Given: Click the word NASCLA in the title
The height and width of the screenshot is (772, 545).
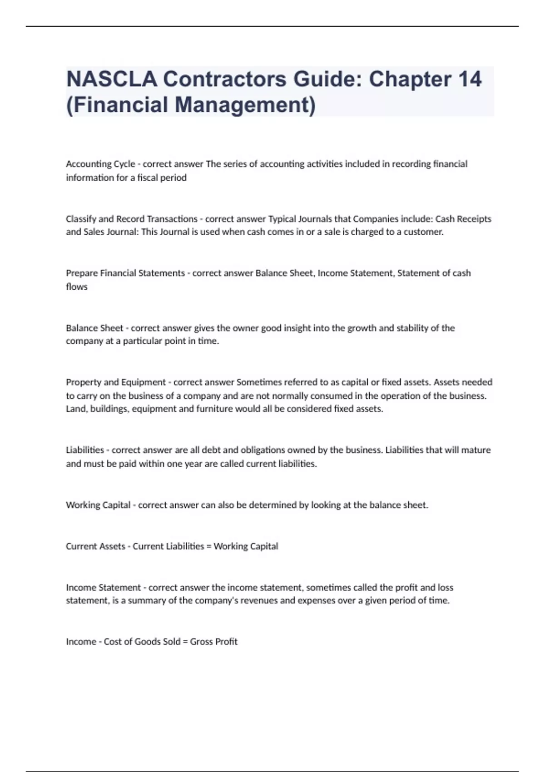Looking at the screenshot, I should tap(111, 79).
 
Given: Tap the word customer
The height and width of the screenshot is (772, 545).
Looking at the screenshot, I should tap(423, 232).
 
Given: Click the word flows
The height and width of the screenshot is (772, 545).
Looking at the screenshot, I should tap(77, 287).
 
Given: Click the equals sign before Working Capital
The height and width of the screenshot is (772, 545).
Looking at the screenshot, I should tap(209, 546).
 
